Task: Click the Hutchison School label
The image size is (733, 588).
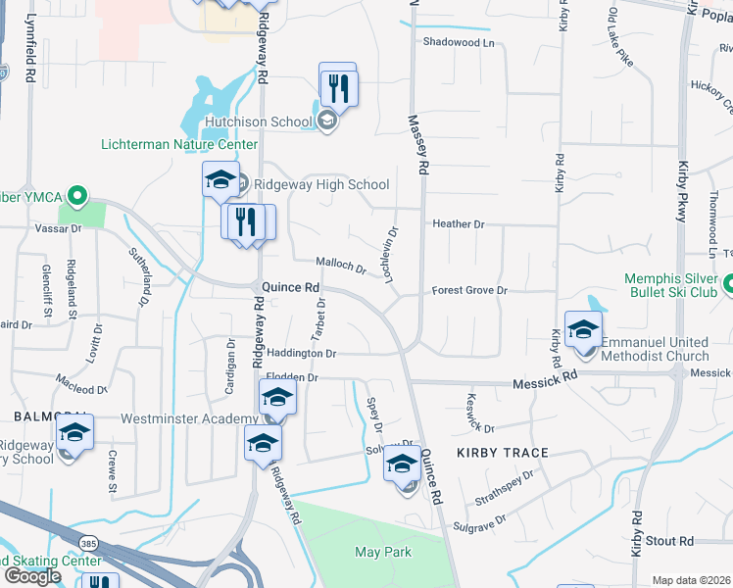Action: coord(259,122)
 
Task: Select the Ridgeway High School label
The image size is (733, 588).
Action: coord(321,184)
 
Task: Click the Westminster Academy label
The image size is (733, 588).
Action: coord(188,418)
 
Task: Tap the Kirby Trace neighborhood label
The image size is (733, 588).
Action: coord(502,453)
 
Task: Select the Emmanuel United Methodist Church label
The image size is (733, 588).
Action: coord(668,349)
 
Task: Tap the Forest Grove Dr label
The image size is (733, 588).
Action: coord(471,291)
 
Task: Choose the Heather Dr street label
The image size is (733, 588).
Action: coord(459,224)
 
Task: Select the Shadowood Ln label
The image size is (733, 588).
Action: coord(460,42)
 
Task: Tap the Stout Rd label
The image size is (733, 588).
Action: coord(670,541)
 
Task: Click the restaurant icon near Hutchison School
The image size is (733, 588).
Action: coord(338,87)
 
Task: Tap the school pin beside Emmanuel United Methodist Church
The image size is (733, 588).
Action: coord(583,330)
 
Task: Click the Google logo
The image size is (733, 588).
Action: coord(32,576)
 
